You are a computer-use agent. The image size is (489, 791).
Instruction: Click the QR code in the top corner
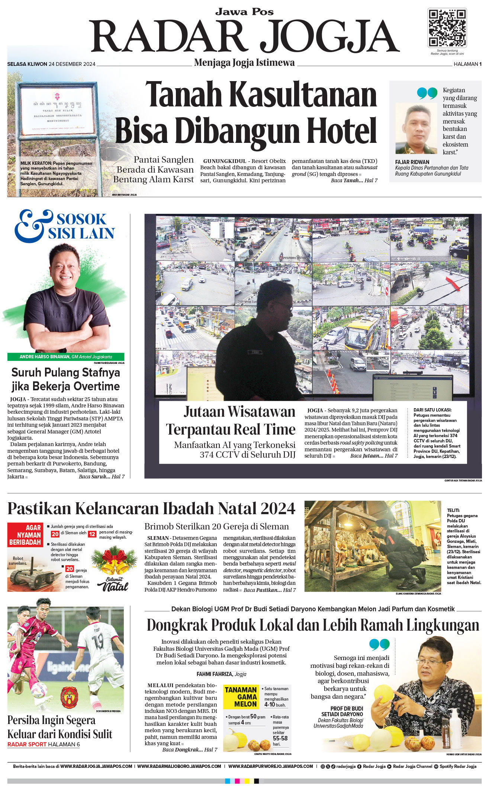[447, 28]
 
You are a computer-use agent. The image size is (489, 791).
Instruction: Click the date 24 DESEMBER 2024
[72, 64]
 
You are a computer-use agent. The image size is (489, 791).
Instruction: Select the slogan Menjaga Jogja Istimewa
[244, 63]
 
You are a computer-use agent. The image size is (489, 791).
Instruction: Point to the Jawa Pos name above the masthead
[244, 12]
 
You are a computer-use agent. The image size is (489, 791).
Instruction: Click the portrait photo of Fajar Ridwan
[416, 128]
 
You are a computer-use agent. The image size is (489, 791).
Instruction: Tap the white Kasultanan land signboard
[57, 111]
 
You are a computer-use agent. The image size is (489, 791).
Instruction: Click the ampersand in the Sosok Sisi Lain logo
[32, 225]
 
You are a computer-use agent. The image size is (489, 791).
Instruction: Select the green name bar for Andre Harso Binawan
[66, 356]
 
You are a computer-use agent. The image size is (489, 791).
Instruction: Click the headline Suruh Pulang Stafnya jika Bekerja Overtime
[66, 379]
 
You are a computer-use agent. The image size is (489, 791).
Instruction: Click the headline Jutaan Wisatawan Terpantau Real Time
[231, 420]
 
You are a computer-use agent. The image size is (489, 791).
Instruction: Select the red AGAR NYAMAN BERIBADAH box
[25, 535]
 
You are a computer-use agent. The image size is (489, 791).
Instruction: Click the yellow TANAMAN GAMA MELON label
[241, 696]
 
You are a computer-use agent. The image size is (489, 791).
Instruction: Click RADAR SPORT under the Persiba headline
[27, 744]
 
